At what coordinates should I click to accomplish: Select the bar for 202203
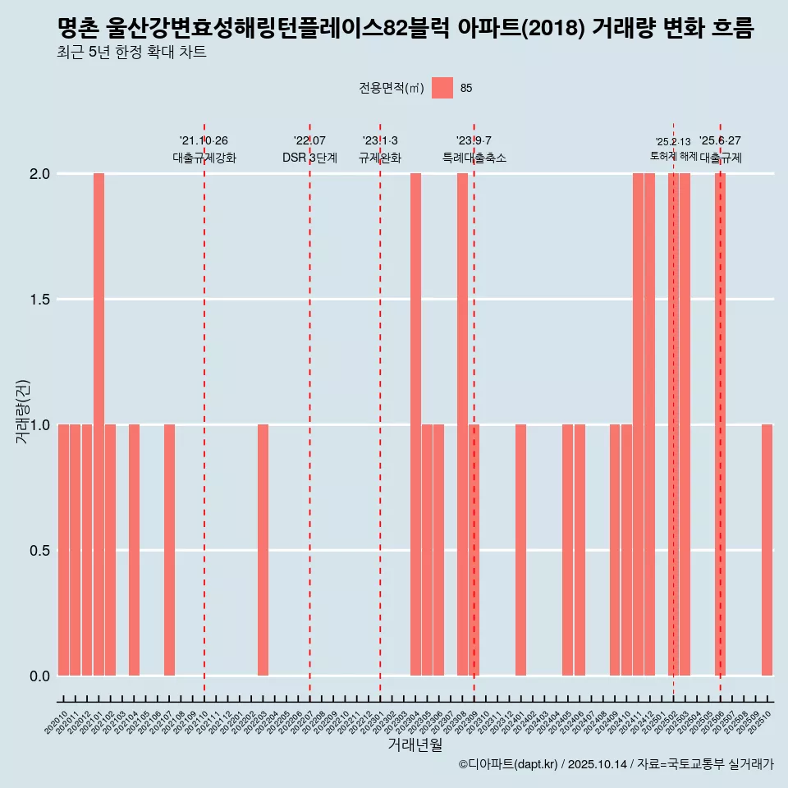pos(263,550)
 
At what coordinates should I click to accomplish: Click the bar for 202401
pos(520,550)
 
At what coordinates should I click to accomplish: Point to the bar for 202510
pos(767,550)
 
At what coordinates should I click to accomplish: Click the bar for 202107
pos(169,550)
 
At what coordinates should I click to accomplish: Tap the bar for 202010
pos(63,550)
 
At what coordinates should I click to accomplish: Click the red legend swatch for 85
pos(442,88)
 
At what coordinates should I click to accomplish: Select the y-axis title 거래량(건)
pos(23,410)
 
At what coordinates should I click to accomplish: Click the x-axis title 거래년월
pos(415,745)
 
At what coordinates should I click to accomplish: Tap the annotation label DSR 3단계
pos(309,158)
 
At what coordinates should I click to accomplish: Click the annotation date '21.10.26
pos(204,140)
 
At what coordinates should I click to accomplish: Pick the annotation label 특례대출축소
pos(474,158)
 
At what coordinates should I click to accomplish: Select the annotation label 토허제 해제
pos(673,156)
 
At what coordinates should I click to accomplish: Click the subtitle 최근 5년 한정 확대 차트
pos(131,53)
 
